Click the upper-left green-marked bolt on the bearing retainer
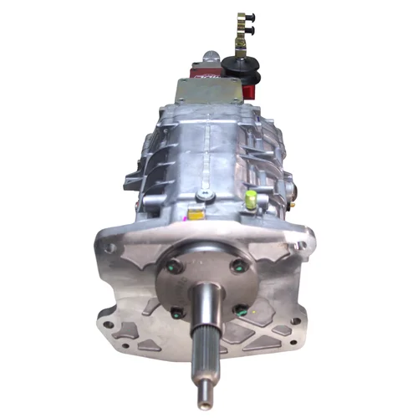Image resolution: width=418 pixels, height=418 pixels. click(x=173, y=269)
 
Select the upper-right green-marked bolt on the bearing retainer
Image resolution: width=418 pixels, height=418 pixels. click(x=236, y=268)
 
